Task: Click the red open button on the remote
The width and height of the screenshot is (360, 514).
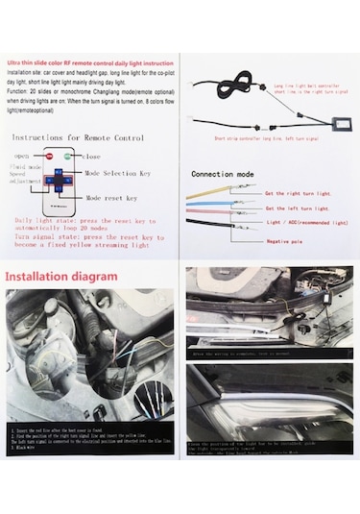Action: coord(46,155)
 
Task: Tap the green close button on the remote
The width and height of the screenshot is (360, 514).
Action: coord(67,155)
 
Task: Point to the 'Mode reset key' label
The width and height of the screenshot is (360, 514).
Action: coord(112,198)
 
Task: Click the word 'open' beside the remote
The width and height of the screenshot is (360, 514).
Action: coord(21,155)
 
